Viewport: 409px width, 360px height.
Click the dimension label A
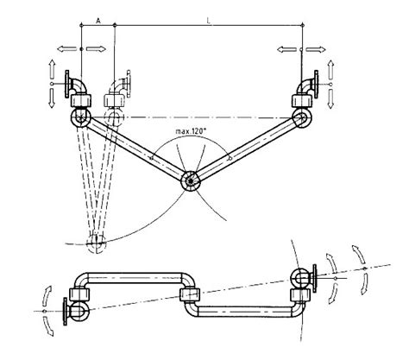tap(98, 17)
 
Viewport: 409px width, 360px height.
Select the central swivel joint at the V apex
tap(188, 181)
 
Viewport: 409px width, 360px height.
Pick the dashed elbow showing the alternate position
tap(118, 89)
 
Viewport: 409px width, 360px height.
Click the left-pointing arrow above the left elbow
tap(60, 50)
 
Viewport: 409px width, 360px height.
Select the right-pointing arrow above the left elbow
tap(100, 50)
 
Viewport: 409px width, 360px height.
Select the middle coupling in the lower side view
tap(189, 298)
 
